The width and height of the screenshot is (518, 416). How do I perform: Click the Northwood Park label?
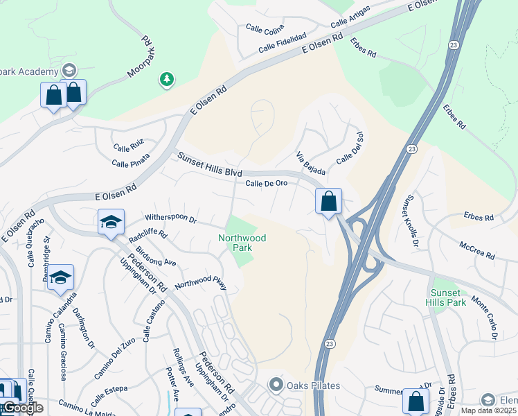click(242, 243)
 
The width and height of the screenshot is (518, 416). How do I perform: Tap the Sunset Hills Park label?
click(447, 297)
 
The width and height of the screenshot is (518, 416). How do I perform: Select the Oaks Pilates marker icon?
click(276, 384)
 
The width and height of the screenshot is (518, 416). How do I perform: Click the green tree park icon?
click(166, 80)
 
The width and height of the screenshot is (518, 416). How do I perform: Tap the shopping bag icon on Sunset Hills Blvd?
click(329, 202)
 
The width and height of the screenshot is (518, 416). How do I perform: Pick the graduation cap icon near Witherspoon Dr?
click(111, 223)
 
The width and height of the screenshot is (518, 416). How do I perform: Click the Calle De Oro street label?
click(267, 183)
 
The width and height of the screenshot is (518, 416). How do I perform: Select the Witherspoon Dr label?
click(171, 218)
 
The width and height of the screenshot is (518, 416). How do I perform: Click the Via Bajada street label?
click(310, 164)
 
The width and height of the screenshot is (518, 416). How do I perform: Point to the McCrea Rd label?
click(477, 250)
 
